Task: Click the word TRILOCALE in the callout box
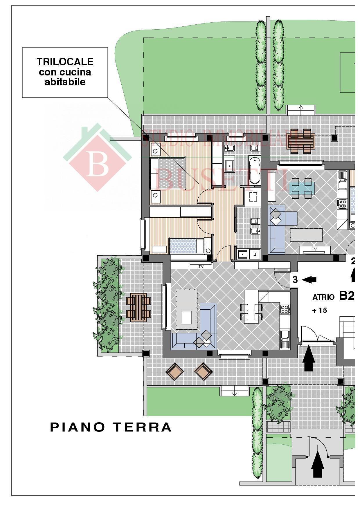(65, 62)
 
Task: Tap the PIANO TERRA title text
(111, 427)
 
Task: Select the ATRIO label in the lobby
(323, 297)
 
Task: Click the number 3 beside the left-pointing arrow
(295, 280)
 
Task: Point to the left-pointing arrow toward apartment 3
(309, 280)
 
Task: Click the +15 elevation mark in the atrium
(319, 310)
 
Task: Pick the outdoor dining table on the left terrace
(138, 307)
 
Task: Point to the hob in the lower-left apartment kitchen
(284, 309)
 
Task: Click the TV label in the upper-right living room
(314, 249)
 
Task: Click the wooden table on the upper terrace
(301, 141)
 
